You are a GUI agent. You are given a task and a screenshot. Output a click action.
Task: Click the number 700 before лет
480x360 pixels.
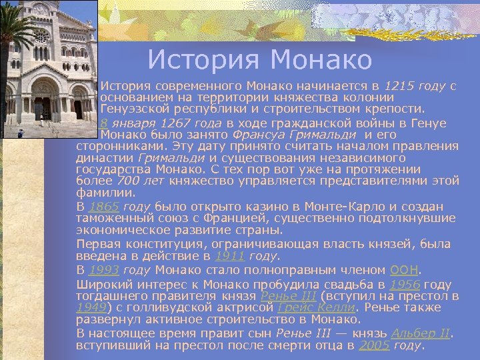(x=128, y=179)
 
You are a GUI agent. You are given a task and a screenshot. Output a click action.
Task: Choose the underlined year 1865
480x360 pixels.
(x=104, y=207)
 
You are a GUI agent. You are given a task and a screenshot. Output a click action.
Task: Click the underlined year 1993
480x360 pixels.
(x=104, y=270)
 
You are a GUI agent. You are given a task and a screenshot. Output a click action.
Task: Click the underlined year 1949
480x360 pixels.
(x=91, y=307)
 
